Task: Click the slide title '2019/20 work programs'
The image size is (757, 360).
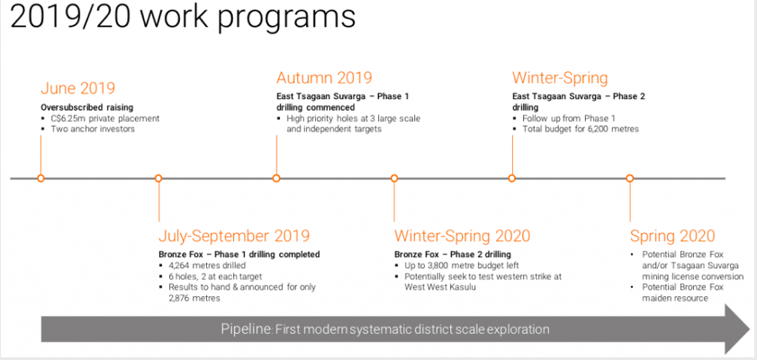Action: [x=183, y=17]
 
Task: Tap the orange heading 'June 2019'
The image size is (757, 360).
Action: [x=77, y=88]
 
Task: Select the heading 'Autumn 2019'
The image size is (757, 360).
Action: [x=324, y=77]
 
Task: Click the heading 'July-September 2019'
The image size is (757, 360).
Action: [x=234, y=236]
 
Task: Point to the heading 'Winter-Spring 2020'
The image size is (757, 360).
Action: [x=462, y=236]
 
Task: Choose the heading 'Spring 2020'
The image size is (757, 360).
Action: [x=672, y=236]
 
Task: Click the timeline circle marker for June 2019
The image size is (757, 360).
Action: [x=41, y=178]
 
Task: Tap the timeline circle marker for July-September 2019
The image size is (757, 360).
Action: [x=158, y=178]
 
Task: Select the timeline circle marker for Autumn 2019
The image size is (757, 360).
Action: [x=276, y=178]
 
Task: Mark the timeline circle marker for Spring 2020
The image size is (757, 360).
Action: [x=629, y=178]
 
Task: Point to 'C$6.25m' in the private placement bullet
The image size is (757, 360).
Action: [x=66, y=118]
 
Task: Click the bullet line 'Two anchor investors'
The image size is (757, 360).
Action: [x=93, y=129]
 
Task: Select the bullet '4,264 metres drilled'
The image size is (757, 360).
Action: [x=207, y=265]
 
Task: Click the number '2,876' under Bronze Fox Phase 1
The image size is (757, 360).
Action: [x=180, y=298]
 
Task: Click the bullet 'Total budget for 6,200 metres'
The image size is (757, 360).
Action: [x=581, y=129]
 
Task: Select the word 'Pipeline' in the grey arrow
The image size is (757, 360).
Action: [x=247, y=329]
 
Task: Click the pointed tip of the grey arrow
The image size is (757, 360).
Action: [x=750, y=329]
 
